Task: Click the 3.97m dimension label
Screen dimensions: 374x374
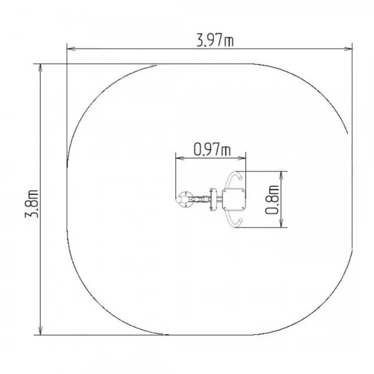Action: click(x=215, y=40)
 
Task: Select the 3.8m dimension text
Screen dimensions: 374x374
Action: click(x=32, y=204)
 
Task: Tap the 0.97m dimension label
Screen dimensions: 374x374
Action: click(x=212, y=149)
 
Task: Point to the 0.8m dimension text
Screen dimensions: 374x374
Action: click(x=272, y=199)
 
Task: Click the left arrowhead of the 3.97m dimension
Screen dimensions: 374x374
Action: click(x=71, y=49)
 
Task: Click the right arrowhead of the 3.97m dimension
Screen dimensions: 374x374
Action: click(x=348, y=49)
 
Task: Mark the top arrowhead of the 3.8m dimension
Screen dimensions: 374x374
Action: click(x=41, y=68)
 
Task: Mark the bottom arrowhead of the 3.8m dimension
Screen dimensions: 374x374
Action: click(x=41, y=330)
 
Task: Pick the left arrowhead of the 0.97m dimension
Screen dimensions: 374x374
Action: click(x=180, y=158)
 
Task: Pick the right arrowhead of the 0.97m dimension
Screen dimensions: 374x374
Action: click(x=241, y=158)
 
